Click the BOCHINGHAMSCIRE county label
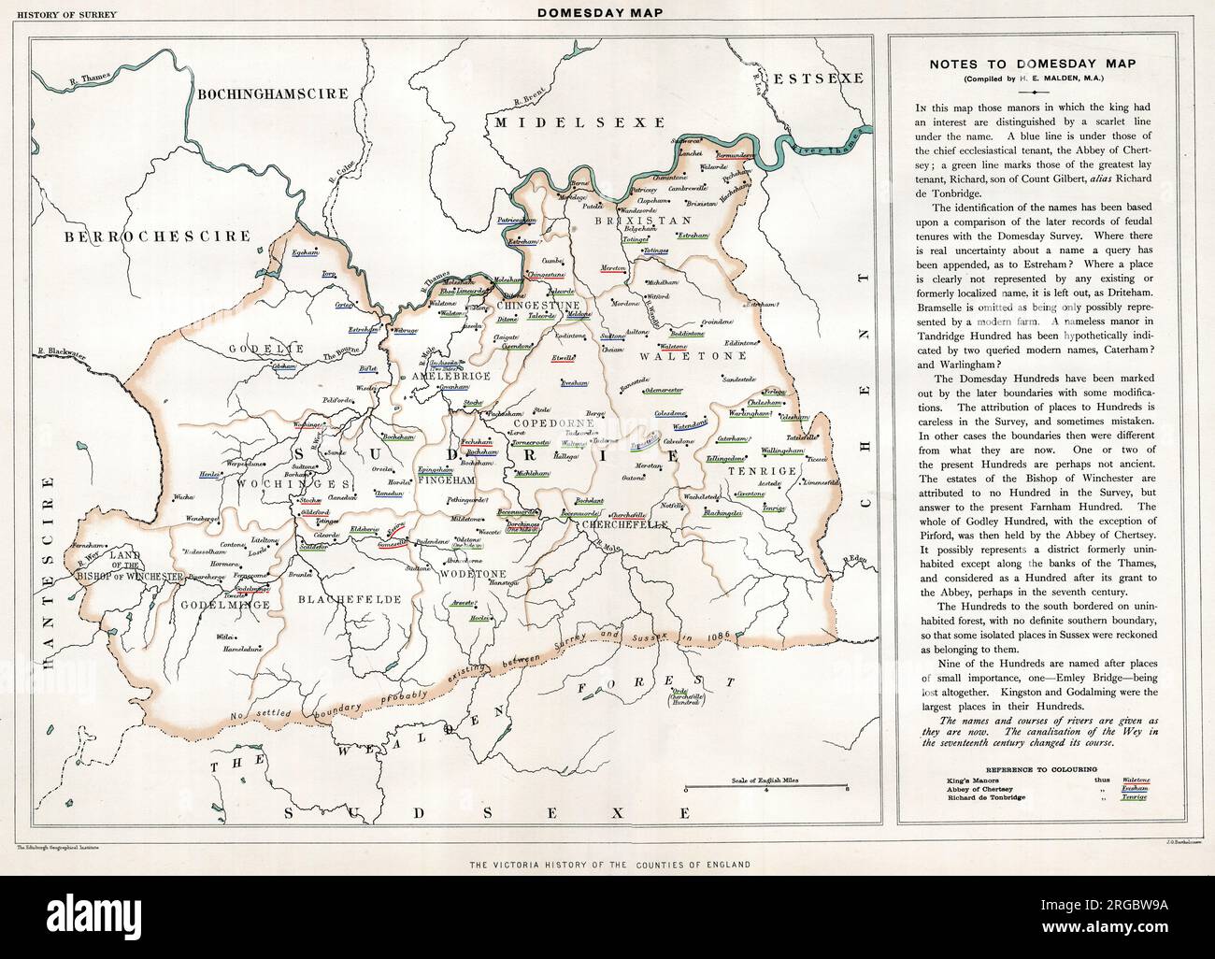272,93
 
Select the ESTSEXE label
822,78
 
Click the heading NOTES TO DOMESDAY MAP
1031,64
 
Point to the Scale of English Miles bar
766,788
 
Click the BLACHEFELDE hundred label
350,599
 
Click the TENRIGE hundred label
762,470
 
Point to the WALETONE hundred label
693,355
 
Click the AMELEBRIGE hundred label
431,375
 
